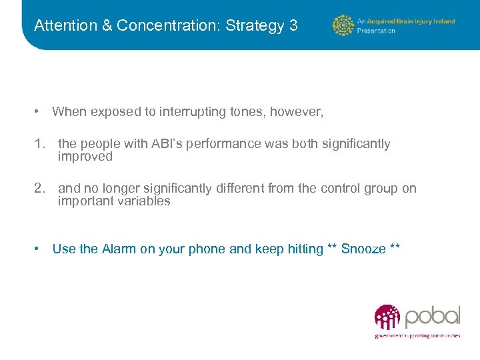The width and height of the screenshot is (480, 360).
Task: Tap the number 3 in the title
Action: pos(293,26)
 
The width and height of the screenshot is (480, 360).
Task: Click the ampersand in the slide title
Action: pos(107,26)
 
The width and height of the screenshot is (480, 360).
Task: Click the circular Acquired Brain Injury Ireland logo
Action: pos(343,25)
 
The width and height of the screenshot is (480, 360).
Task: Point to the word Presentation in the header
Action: pos(377,31)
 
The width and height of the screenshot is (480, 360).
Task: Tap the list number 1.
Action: pos(39,144)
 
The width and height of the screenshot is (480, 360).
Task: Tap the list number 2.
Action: pos(39,189)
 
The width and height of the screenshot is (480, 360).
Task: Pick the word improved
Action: pos(85,157)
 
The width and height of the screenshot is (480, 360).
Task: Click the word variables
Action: pos(141,201)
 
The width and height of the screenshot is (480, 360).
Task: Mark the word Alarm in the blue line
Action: pos(119,249)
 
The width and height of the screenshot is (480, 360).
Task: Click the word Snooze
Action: pos(363,249)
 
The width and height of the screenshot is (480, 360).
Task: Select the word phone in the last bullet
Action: pos(207,249)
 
